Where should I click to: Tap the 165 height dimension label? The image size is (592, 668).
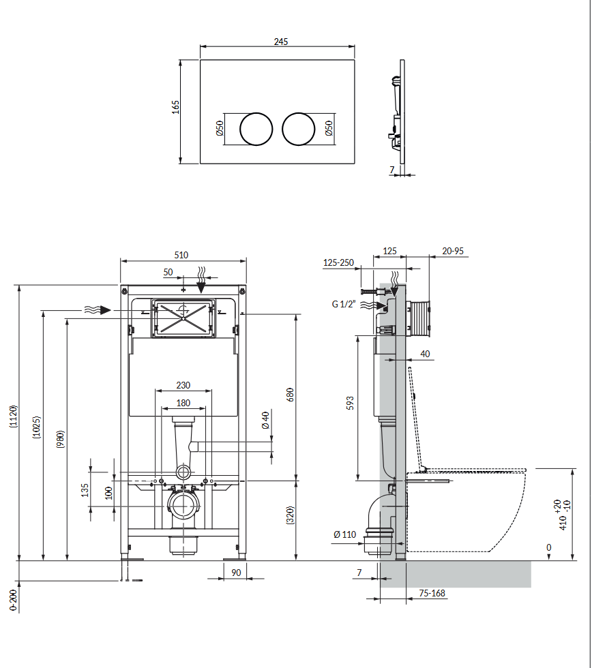pos(175,107)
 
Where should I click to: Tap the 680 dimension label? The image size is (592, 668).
pos(290,395)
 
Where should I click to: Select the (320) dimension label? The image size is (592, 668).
pos(290,515)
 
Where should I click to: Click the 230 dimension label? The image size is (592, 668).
pos(183,385)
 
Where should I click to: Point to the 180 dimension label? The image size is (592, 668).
pos(183,403)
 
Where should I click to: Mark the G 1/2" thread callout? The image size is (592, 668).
pos(344,304)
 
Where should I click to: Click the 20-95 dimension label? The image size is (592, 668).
pos(452,251)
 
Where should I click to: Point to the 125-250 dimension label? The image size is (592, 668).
pos(338,262)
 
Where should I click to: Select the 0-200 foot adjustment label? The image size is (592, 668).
pos(13,600)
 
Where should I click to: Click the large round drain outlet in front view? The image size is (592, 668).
pos(181,506)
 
